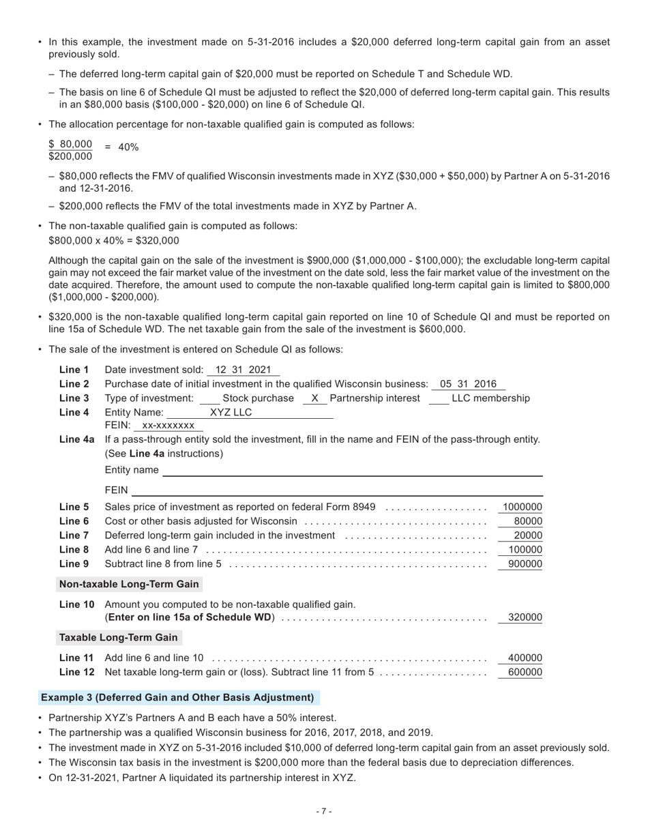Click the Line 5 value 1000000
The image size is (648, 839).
point(522,507)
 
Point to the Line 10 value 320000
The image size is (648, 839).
point(525,617)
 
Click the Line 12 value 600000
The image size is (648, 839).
point(525,672)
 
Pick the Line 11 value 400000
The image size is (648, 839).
point(525,658)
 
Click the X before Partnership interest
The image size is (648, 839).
point(314,398)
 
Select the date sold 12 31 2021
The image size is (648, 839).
point(243,370)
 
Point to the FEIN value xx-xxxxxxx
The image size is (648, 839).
point(168,426)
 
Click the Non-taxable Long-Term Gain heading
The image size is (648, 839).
point(129,584)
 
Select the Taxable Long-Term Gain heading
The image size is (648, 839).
point(119,637)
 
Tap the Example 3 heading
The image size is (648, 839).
point(177,697)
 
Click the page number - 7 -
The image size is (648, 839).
point(324,811)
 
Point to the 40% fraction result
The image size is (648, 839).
point(128,147)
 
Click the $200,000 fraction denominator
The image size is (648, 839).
point(70,157)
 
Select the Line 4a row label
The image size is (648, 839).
point(76,439)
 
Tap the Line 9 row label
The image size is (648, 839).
point(74,563)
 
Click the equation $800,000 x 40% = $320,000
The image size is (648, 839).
point(114,241)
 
